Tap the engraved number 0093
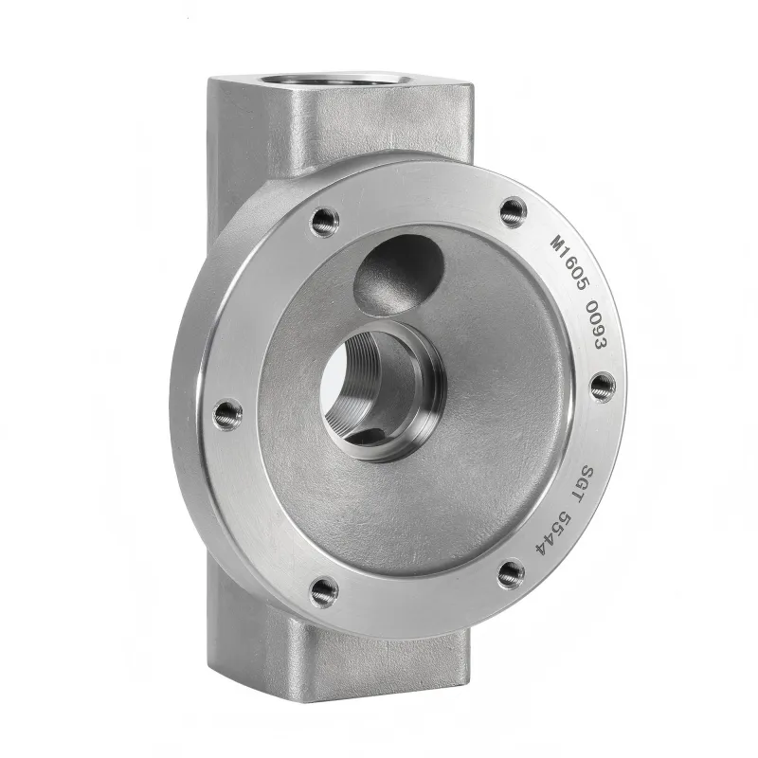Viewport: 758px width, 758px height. (x=594, y=327)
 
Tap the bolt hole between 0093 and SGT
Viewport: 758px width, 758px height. (x=603, y=386)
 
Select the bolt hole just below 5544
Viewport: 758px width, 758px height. (x=510, y=571)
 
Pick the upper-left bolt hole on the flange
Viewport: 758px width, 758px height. (x=324, y=221)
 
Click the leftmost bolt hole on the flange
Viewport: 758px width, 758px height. (x=227, y=413)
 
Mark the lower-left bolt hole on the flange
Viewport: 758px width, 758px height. (x=324, y=591)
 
